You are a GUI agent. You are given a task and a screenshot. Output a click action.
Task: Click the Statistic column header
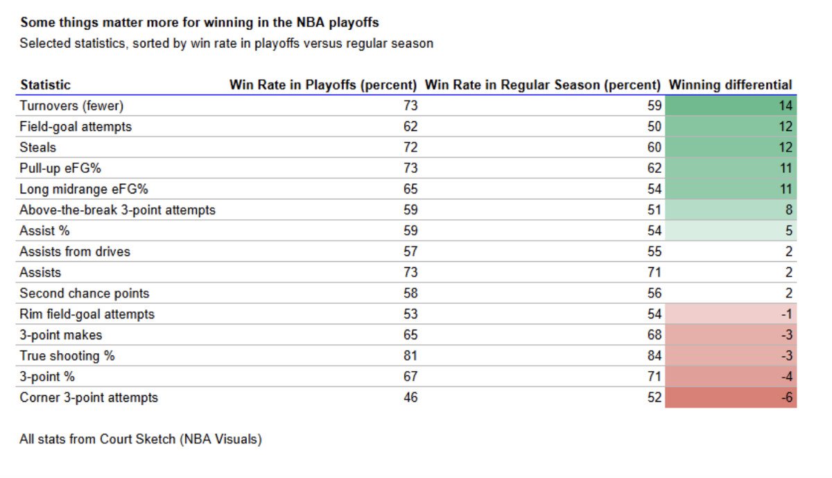click(x=45, y=85)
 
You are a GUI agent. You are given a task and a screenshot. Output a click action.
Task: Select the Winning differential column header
click(x=730, y=85)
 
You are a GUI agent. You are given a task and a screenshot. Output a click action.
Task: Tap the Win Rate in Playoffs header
click(x=323, y=85)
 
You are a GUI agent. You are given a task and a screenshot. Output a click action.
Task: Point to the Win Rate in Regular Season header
click(x=542, y=85)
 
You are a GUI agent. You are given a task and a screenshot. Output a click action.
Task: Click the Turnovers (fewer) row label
click(x=71, y=106)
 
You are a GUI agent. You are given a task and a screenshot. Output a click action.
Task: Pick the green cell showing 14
click(x=731, y=106)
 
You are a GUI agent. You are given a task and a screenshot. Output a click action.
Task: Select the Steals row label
click(x=37, y=148)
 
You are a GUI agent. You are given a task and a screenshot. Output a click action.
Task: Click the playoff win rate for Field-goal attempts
click(x=410, y=127)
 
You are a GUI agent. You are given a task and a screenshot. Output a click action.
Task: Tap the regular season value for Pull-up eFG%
click(x=655, y=169)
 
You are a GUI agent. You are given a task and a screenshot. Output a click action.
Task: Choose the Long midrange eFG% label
click(x=84, y=189)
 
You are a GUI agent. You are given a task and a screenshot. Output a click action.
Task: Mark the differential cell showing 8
click(x=731, y=210)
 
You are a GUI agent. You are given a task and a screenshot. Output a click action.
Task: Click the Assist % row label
click(x=44, y=231)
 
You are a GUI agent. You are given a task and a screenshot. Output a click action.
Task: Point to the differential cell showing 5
click(x=731, y=230)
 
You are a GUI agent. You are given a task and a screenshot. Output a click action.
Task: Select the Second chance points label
click(x=85, y=293)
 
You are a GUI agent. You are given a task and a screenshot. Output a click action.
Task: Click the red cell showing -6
click(x=731, y=398)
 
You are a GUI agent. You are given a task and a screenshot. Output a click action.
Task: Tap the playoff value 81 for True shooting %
click(x=410, y=356)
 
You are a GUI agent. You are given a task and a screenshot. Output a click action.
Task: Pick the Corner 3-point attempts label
click(x=89, y=398)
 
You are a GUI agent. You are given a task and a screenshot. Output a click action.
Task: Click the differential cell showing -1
click(x=731, y=314)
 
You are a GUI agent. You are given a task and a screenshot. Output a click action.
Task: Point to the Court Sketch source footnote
click(x=141, y=439)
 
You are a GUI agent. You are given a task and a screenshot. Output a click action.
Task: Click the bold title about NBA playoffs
click(x=200, y=23)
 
